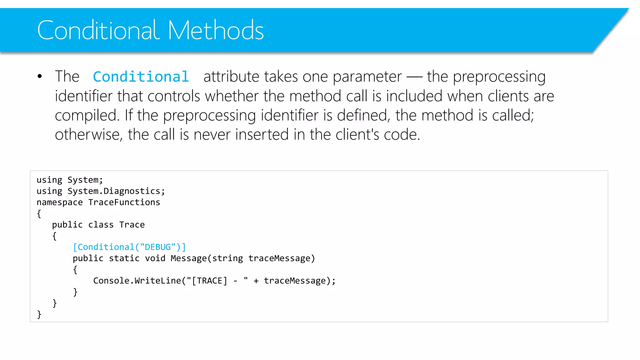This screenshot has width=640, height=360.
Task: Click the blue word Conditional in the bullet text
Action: click(141, 77)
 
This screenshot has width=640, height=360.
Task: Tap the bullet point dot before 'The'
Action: click(40, 76)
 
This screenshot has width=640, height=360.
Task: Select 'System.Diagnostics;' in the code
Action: click(116, 191)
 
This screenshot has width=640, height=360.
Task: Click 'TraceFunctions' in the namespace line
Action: click(124, 202)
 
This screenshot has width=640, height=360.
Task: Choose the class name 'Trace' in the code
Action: click(132, 225)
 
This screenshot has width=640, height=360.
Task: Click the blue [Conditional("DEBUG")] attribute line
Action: click(129, 247)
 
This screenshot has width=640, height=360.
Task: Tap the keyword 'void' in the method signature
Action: click(155, 258)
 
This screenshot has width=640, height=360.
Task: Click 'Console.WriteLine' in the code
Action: click(137, 281)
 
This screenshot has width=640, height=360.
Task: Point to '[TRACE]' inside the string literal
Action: click(209, 281)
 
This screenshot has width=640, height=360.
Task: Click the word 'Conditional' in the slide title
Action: click(98, 30)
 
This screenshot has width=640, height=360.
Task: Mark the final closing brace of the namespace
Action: click(39, 314)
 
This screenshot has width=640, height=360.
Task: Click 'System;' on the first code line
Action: click(85, 180)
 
